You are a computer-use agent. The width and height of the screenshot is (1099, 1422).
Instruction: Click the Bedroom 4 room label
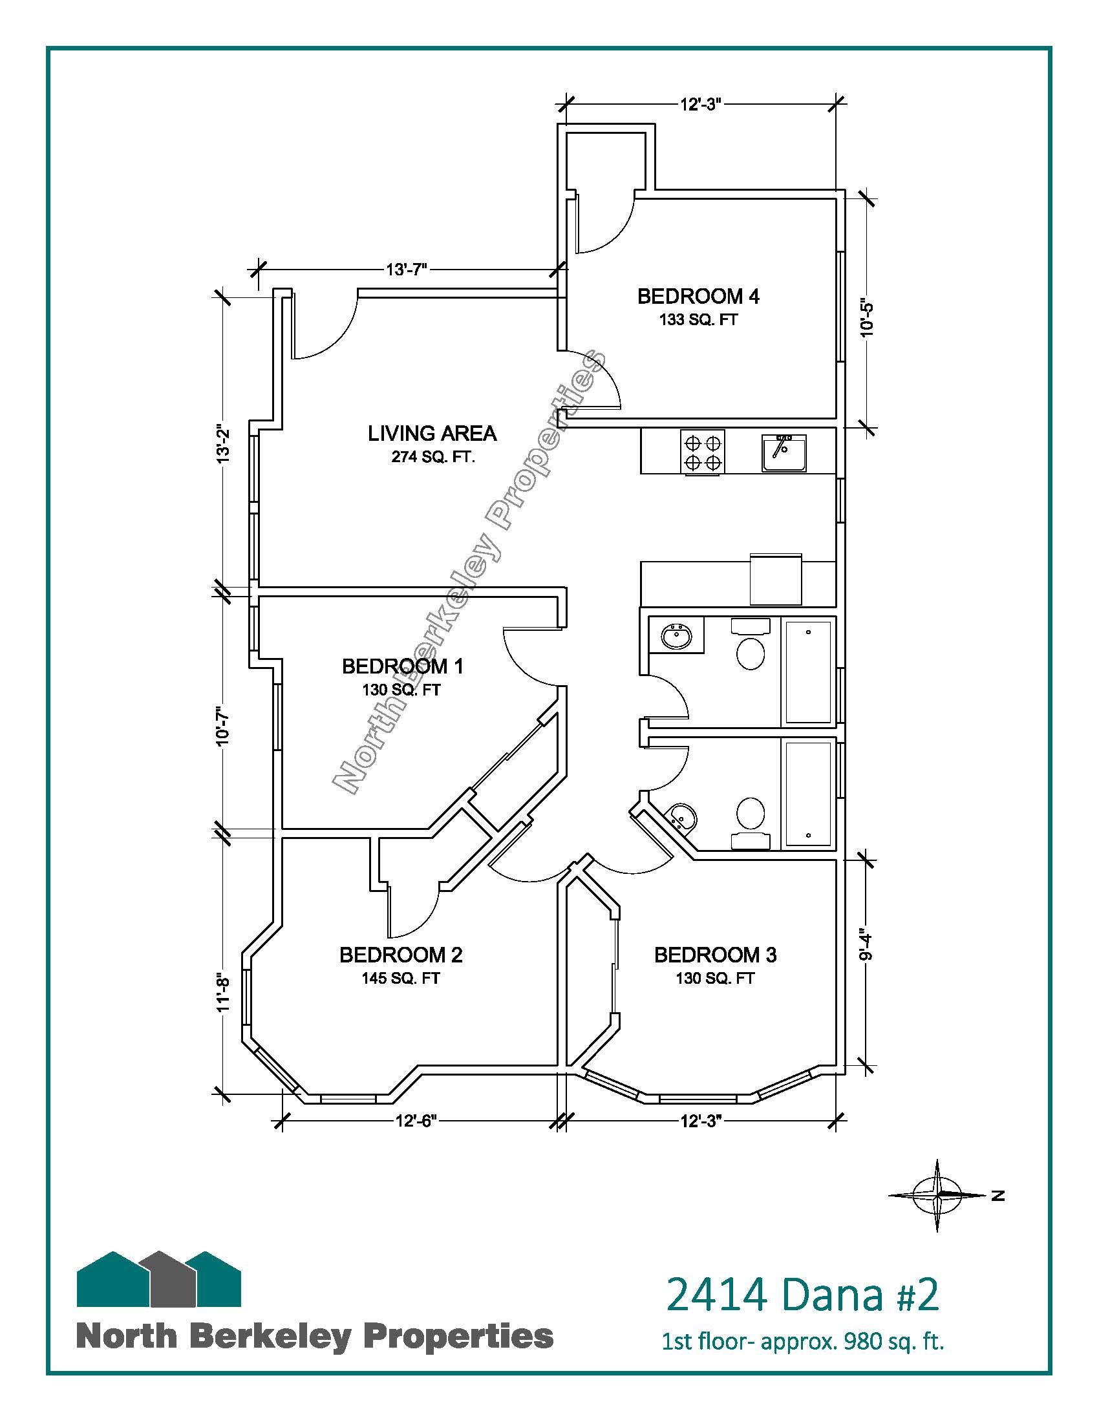698,297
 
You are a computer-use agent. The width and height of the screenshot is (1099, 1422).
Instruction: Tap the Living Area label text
432,434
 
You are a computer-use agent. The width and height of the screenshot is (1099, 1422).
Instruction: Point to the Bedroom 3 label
715,955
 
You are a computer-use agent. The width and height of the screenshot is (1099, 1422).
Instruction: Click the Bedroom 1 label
402,667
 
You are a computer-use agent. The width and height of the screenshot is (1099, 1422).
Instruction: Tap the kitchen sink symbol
785,453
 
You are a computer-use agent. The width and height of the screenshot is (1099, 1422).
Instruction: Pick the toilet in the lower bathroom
751,823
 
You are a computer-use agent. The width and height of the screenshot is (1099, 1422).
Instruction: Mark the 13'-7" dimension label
407,270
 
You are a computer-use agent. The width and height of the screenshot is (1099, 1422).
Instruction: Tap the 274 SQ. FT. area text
434,457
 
